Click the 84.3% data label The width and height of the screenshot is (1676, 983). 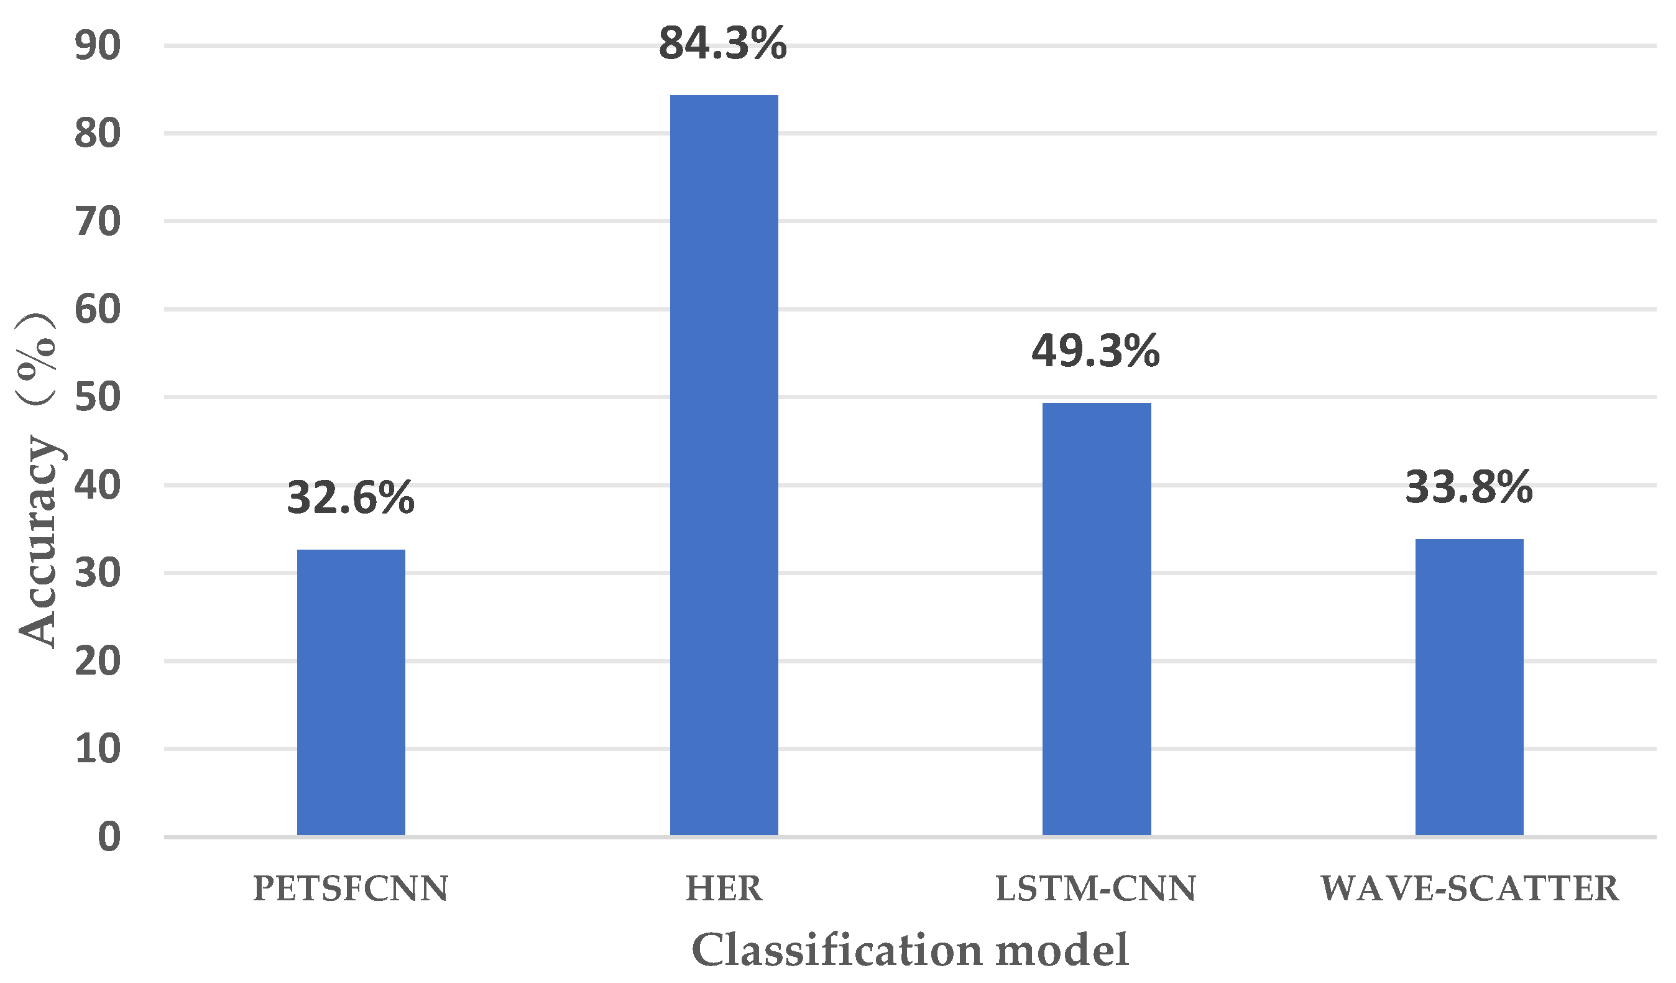tap(723, 44)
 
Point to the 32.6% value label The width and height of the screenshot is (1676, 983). tap(351, 498)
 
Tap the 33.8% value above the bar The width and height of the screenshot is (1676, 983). tap(1468, 487)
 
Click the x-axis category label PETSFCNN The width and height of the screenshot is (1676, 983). tap(351, 888)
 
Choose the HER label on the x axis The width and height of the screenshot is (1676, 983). tap(724, 888)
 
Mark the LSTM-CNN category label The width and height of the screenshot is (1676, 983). tap(1095, 888)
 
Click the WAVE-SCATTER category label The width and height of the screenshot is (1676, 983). tap(1469, 888)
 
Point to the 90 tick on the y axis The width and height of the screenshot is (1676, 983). tap(98, 47)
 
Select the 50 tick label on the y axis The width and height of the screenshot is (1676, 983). tap(98, 398)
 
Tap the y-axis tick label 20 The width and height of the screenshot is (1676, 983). tap(98, 661)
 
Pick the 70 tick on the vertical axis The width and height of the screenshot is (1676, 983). tap(98, 222)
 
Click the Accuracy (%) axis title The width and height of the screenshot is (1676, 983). tap(38, 479)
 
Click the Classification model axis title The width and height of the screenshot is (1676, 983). tap(910, 950)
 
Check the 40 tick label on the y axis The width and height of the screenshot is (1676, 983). tap(98, 486)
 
